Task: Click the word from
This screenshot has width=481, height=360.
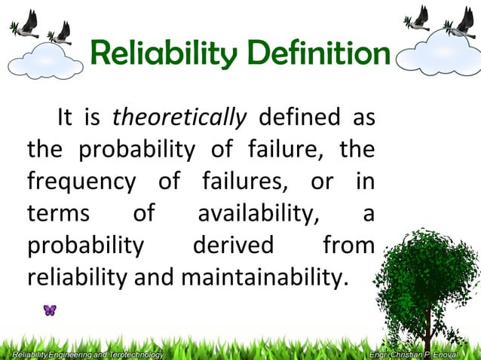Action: click(x=348, y=246)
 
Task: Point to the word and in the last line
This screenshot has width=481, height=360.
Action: click(x=156, y=277)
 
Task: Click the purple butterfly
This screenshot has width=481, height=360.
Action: click(x=50, y=310)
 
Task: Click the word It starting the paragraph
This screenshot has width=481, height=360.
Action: click(x=65, y=117)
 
